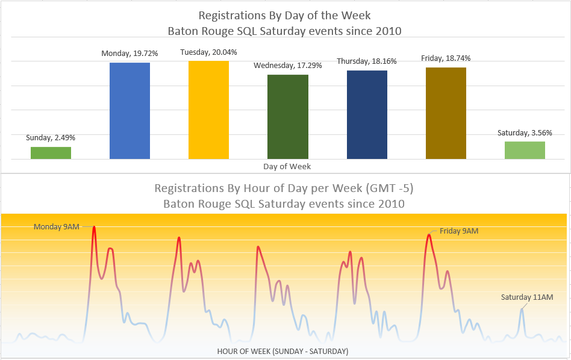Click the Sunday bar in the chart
pos(51,153)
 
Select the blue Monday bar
pos(129,111)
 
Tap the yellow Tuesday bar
pos(208,110)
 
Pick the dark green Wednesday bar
pos(287,117)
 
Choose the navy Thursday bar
pos(367,114)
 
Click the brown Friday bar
pos(446,113)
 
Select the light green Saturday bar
pos(525,150)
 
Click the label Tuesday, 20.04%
pos(208,53)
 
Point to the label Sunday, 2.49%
pos(51,138)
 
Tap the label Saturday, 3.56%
pos(525,133)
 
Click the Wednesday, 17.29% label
pos(287,65)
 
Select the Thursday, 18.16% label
pos(367,61)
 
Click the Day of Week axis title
pos(287,166)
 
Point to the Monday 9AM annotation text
pos(56,227)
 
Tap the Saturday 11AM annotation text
pos(527,297)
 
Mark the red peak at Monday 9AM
pos(94,228)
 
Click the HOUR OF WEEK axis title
pos(282,351)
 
